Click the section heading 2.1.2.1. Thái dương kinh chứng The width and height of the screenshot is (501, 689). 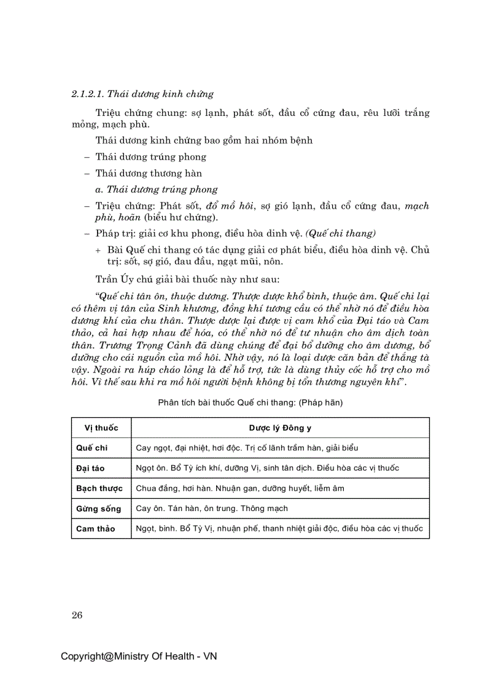pos(142,94)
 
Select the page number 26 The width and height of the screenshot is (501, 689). pos(77,615)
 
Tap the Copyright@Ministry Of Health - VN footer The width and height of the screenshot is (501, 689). pos(139,656)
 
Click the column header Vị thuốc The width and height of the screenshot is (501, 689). pos(101,428)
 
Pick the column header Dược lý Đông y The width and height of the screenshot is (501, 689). pos(280,428)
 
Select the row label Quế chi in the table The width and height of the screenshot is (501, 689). pos(91,448)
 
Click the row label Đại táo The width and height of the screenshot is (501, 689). pos(90,468)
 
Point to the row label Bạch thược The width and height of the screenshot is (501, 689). pos(99,488)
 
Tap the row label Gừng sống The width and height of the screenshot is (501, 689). pos(98,509)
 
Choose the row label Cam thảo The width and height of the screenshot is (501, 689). pos(95,528)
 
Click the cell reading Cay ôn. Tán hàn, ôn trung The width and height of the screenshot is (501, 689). pos(212,509)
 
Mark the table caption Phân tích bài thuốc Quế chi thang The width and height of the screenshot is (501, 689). pos(250,402)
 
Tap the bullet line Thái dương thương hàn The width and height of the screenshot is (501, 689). pos(148,174)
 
